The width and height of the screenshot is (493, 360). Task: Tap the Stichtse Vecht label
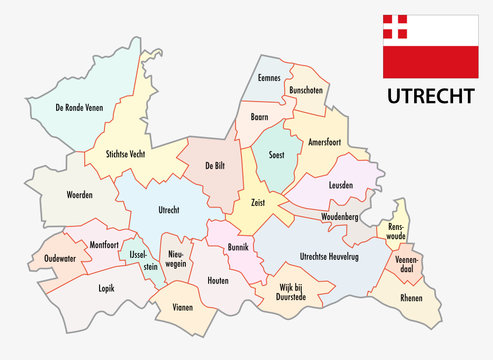click(x=137, y=153)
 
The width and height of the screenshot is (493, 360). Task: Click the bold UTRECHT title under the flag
click(x=424, y=99)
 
